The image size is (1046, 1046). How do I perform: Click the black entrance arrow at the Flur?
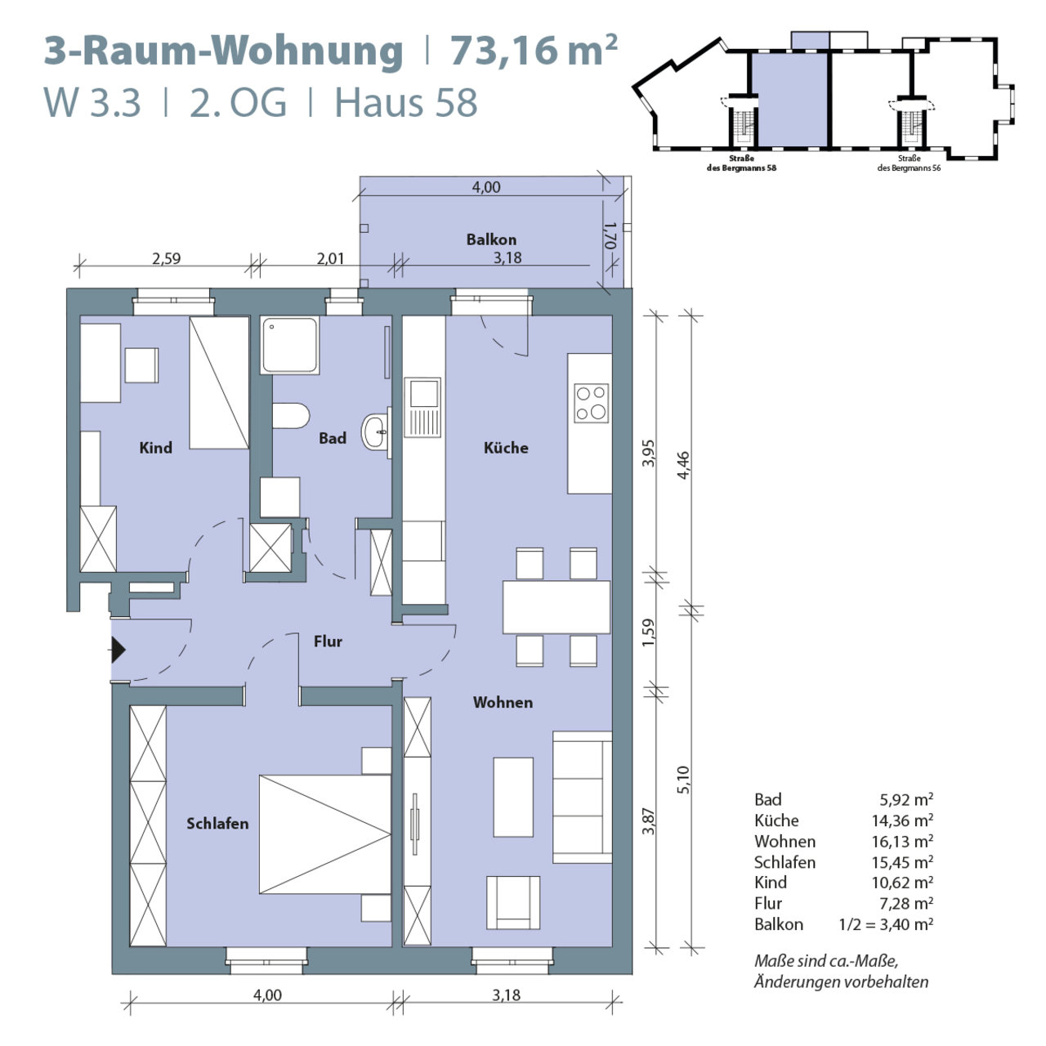click(x=118, y=650)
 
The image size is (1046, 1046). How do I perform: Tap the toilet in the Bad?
click(x=291, y=416)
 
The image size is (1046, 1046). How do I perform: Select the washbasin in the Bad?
click(x=376, y=432)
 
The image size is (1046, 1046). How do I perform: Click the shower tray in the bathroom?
click(x=290, y=345)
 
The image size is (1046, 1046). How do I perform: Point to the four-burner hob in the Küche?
click(x=591, y=404)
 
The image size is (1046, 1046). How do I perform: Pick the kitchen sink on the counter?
click(x=422, y=407)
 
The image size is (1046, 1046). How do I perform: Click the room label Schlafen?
click(x=217, y=824)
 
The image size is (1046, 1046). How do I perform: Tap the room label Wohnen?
click(x=503, y=703)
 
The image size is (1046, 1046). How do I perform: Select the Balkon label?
click(x=491, y=239)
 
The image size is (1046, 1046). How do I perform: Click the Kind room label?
click(x=156, y=448)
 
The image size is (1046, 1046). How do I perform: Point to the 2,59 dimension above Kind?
click(x=166, y=258)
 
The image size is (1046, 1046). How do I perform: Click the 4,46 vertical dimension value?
click(x=684, y=465)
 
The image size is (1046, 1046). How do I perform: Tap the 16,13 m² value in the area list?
click(x=902, y=842)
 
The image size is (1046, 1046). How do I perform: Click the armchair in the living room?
click(x=513, y=903)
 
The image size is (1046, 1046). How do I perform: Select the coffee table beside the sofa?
click(x=513, y=798)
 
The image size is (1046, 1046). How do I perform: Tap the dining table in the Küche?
click(x=557, y=607)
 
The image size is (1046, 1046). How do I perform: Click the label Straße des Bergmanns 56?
click(x=909, y=163)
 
